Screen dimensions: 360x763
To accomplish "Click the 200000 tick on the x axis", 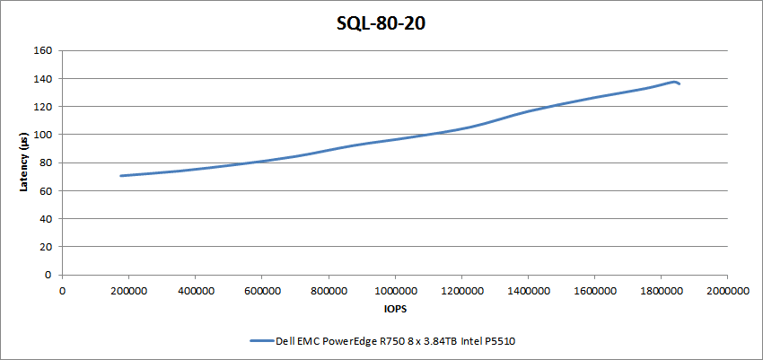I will click(x=128, y=291).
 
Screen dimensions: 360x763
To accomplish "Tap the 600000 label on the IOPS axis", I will click(x=261, y=291).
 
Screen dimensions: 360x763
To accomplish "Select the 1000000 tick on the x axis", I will click(x=395, y=291).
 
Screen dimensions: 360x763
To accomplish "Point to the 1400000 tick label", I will click(x=528, y=291).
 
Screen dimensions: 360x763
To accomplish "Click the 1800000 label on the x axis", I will click(x=661, y=291).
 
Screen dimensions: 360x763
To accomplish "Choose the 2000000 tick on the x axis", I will click(x=727, y=291).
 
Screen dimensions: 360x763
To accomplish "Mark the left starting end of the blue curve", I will click(x=121, y=176).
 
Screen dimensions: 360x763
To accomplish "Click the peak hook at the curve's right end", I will click(x=673, y=82).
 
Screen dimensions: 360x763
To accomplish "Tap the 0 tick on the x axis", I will click(x=62, y=291).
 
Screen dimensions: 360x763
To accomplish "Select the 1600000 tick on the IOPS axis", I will click(x=594, y=291).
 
